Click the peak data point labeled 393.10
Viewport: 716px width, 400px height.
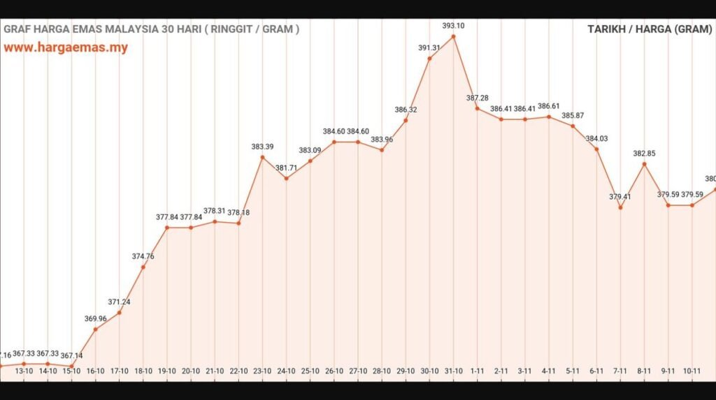pyautogui.click(x=453, y=36)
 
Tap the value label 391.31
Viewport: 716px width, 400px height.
pyautogui.click(x=429, y=47)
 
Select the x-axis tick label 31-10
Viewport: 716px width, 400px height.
pyautogui.click(x=453, y=371)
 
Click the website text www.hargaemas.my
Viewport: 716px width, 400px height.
pyautogui.click(x=66, y=48)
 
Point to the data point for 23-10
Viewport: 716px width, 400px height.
pyautogui.click(x=262, y=157)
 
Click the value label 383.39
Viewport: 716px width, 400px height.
pyautogui.click(x=262, y=147)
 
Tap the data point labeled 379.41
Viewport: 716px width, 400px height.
pyautogui.click(x=620, y=207)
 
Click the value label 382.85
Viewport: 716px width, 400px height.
pyautogui.click(x=644, y=154)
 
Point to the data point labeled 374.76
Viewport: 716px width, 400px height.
pyautogui.click(x=143, y=267)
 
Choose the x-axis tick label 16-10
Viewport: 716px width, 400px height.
pyautogui.click(x=95, y=371)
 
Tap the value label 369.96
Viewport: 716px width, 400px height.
pyautogui.click(x=96, y=318)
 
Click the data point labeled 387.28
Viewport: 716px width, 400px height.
pyautogui.click(x=477, y=108)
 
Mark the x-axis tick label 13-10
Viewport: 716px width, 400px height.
pyautogui.click(x=24, y=371)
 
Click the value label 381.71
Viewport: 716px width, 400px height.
pyautogui.click(x=287, y=168)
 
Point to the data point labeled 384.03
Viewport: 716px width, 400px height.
pyautogui.click(x=596, y=149)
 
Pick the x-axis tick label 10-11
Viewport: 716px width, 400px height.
pyautogui.click(x=692, y=371)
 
